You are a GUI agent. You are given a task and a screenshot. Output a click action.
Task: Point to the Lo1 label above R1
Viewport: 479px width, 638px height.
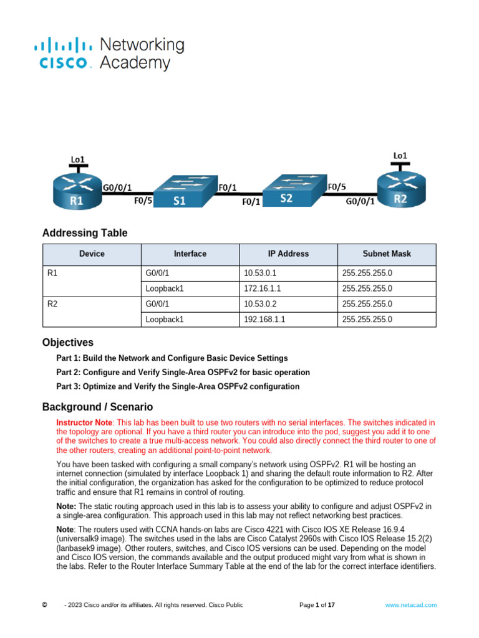pyautogui.click(x=77, y=160)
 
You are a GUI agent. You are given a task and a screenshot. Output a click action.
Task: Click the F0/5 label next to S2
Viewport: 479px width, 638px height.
pyautogui.click(x=337, y=186)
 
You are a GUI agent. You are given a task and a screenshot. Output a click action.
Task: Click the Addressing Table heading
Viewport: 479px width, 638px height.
pyautogui.click(x=85, y=233)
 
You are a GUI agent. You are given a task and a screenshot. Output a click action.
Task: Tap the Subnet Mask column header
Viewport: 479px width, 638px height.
pyautogui.click(x=387, y=254)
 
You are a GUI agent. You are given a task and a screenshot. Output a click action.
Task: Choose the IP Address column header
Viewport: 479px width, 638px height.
pyautogui.click(x=288, y=254)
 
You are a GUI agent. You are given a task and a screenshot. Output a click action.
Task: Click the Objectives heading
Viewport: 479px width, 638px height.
pyautogui.click(x=68, y=342)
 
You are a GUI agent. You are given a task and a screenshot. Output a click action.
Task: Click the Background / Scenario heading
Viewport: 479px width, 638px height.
pyautogui.click(x=97, y=407)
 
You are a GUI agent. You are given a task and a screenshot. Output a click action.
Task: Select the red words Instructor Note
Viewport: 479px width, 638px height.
pyautogui.click(x=81, y=422)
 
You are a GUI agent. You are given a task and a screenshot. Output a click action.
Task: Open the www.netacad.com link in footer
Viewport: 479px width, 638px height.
pyautogui.click(x=410, y=605)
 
